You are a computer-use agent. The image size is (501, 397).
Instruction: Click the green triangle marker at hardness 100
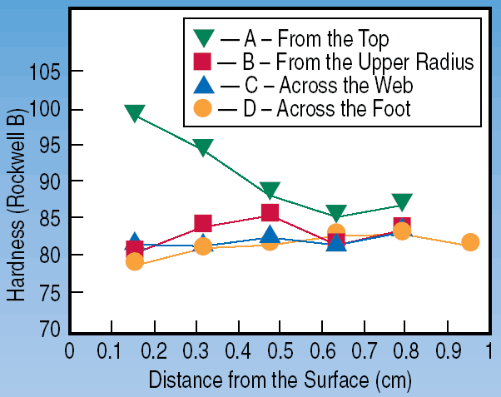pyautogui.click(x=135, y=112)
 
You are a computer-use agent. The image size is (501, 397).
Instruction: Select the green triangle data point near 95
pyautogui.click(x=203, y=146)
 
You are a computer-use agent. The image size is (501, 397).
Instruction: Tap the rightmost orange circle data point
pyautogui.click(x=470, y=242)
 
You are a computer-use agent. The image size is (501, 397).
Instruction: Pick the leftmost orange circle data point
pyautogui.click(x=135, y=262)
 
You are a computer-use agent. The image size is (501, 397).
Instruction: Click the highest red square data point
pyautogui.click(x=270, y=212)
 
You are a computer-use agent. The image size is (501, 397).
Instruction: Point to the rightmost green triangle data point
pyautogui.click(x=402, y=201)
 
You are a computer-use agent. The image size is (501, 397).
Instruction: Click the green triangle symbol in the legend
pyautogui.click(x=204, y=38)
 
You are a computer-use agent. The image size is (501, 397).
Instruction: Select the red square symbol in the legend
pyautogui.click(x=202, y=62)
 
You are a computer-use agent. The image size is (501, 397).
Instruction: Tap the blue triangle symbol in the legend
pyautogui.click(x=204, y=85)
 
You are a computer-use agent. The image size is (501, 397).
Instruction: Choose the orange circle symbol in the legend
pyautogui.click(x=203, y=108)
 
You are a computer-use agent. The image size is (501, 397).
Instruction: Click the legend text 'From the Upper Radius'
pyautogui.click(x=375, y=62)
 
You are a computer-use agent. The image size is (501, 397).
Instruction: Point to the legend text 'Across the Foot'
pyautogui.click(x=344, y=108)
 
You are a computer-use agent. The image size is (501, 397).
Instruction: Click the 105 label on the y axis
pyautogui.click(x=44, y=72)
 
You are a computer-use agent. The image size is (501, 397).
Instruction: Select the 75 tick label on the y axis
pyautogui.click(x=50, y=292)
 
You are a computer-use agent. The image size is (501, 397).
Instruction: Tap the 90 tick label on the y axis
pyautogui.click(x=50, y=181)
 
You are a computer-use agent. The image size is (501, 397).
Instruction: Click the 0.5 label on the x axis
pyautogui.click(x=280, y=351)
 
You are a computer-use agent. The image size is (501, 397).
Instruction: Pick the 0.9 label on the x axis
pyautogui.click(x=449, y=351)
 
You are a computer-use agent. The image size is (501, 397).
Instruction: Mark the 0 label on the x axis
pyautogui.click(x=69, y=351)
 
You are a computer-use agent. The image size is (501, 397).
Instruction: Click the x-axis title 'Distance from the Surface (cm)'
pyautogui.click(x=280, y=380)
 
